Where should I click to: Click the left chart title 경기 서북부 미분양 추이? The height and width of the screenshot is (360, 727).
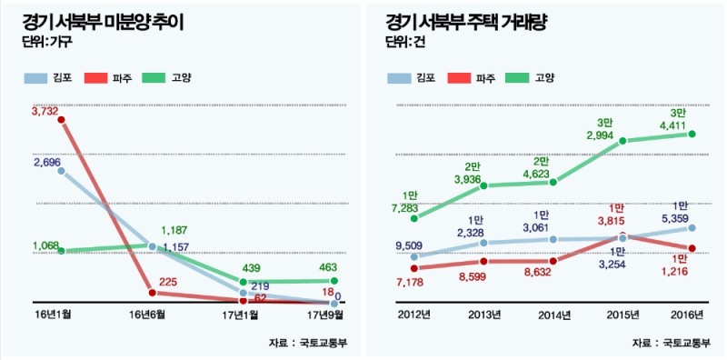pyautogui.click(x=101, y=21)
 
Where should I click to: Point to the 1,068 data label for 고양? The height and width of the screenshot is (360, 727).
pyautogui.click(x=45, y=245)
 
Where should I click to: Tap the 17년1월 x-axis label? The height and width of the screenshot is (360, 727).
pyautogui.click(x=241, y=315)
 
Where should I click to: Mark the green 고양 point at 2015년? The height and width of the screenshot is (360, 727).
pyautogui.click(x=622, y=141)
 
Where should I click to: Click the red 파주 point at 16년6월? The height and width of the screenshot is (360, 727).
pyautogui.click(x=152, y=293)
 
